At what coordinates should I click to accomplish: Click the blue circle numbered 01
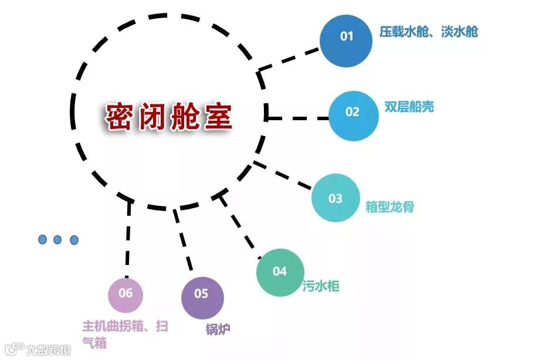point(347,38)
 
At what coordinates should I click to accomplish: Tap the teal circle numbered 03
point(335,198)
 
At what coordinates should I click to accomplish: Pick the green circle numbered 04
point(280,272)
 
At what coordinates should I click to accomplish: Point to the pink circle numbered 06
point(126,293)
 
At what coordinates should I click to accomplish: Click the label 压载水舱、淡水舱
point(428,32)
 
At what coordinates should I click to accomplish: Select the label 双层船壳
point(409,107)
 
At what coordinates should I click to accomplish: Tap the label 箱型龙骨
point(389,207)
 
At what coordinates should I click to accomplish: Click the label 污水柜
point(321,287)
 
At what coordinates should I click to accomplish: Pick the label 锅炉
point(218,329)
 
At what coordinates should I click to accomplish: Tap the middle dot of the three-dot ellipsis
point(57,239)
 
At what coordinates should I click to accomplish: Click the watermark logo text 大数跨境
point(48,350)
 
